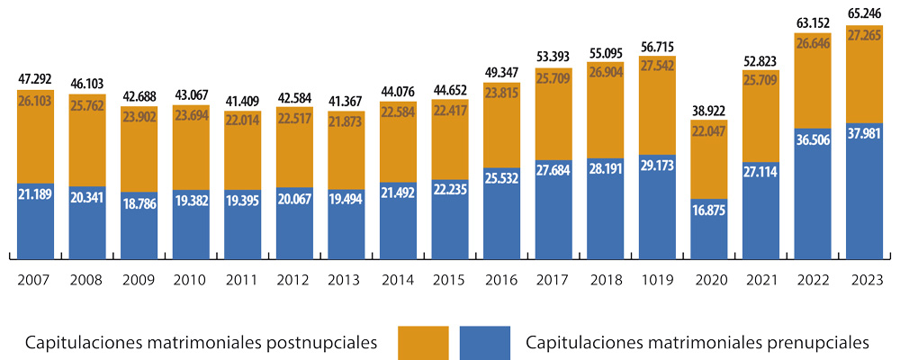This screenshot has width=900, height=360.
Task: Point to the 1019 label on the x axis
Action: tap(657, 280)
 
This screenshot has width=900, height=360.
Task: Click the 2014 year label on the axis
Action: tap(398, 280)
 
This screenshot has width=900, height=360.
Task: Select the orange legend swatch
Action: tap(421, 343)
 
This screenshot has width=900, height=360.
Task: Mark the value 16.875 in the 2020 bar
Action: tap(709, 210)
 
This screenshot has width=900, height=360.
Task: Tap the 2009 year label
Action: tap(139, 280)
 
